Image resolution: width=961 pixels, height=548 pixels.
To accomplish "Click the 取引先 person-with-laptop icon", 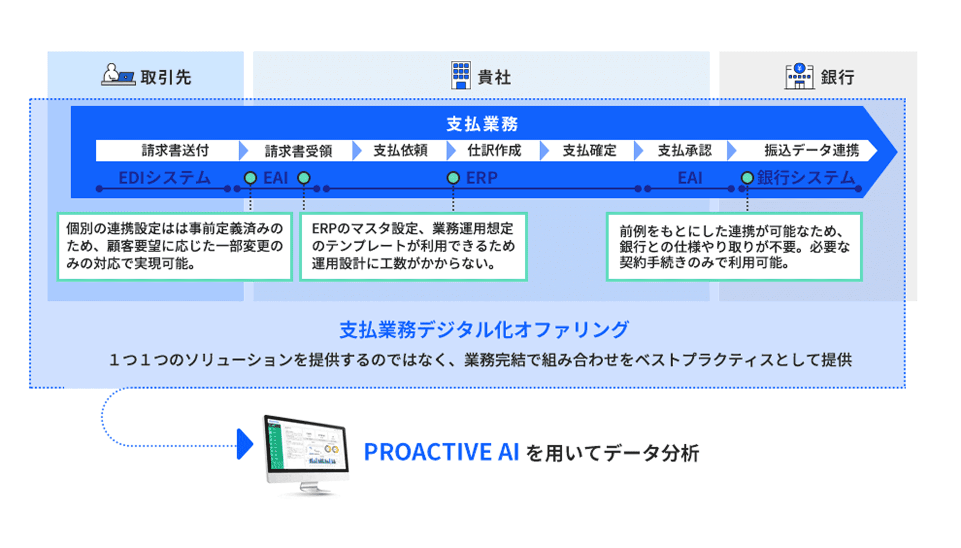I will click(117, 75).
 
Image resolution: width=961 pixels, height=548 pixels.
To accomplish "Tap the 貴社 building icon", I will click(461, 75).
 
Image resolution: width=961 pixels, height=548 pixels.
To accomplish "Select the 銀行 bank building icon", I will click(799, 76).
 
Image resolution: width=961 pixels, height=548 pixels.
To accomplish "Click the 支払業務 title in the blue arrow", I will click(482, 124).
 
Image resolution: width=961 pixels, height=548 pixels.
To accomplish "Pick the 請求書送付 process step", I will click(175, 151).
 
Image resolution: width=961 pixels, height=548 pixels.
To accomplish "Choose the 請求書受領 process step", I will click(298, 151).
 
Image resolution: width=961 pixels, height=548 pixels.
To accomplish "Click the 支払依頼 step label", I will click(400, 151).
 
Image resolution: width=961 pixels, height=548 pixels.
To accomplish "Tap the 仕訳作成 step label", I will click(494, 151).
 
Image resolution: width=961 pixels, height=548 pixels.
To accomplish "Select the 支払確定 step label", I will click(589, 151).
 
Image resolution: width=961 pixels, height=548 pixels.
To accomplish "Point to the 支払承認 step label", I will click(684, 151).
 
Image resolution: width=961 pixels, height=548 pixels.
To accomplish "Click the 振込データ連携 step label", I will click(812, 151).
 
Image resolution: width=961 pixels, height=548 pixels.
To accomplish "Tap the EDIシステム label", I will click(165, 178).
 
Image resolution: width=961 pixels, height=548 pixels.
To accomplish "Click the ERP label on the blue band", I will click(481, 178).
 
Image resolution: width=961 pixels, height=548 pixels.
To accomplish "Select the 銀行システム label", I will click(806, 178).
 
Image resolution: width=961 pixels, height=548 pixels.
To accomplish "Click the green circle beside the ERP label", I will click(453, 178).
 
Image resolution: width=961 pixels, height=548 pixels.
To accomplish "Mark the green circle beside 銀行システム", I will click(747, 178).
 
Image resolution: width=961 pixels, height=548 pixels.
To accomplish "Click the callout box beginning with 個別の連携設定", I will click(175, 246).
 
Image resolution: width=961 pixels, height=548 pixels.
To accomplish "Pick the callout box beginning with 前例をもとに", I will click(734, 246).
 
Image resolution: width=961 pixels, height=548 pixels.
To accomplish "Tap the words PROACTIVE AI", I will click(441, 452).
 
